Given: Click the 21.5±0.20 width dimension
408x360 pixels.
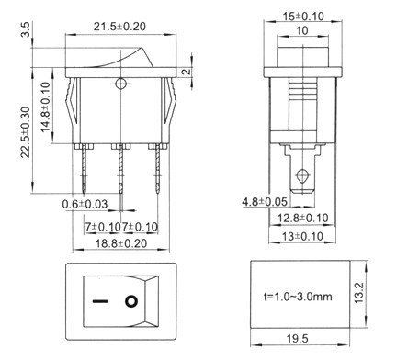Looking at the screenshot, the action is pyautogui.click(x=119, y=27).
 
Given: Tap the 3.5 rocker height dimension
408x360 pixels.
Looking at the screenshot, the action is pyautogui.click(x=26, y=29).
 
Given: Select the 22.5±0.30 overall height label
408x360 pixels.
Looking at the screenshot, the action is pyautogui.click(x=26, y=132).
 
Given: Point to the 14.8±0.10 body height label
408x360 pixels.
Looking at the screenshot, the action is pyautogui.click(x=45, y=107).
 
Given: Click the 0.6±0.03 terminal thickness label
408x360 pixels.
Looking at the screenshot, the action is pyautogui.click(x=85, y=204).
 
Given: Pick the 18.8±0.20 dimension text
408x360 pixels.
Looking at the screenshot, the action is pyautogui.click(x=121, y=243).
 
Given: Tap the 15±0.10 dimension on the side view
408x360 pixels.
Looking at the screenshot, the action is pyautogui.click(x=303, y=16).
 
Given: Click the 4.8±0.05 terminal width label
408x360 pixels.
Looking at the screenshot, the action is pyautogui.click(x=265, y=202).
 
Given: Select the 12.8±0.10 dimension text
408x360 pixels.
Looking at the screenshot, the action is pyautogui.click(x=303, y=218).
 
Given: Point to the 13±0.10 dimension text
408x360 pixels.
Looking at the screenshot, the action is pyautogui.click(x=302, y=236).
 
